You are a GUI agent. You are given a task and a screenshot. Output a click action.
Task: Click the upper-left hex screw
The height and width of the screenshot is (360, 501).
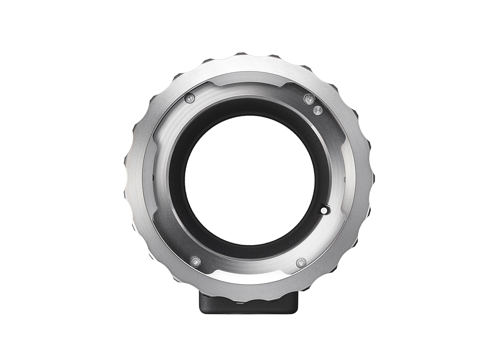coord(190,98)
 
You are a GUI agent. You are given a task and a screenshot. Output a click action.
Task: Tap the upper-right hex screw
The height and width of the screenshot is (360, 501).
coord(309,99)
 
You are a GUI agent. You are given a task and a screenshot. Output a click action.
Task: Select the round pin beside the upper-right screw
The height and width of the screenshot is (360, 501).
coord(318,110)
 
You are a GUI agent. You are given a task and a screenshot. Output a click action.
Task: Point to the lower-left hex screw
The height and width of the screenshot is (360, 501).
coord(195,261)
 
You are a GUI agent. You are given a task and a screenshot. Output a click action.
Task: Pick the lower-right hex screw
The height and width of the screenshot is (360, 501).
coord(301,263)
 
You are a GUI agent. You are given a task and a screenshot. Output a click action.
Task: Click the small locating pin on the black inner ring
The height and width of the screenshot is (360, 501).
coord(324,210)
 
